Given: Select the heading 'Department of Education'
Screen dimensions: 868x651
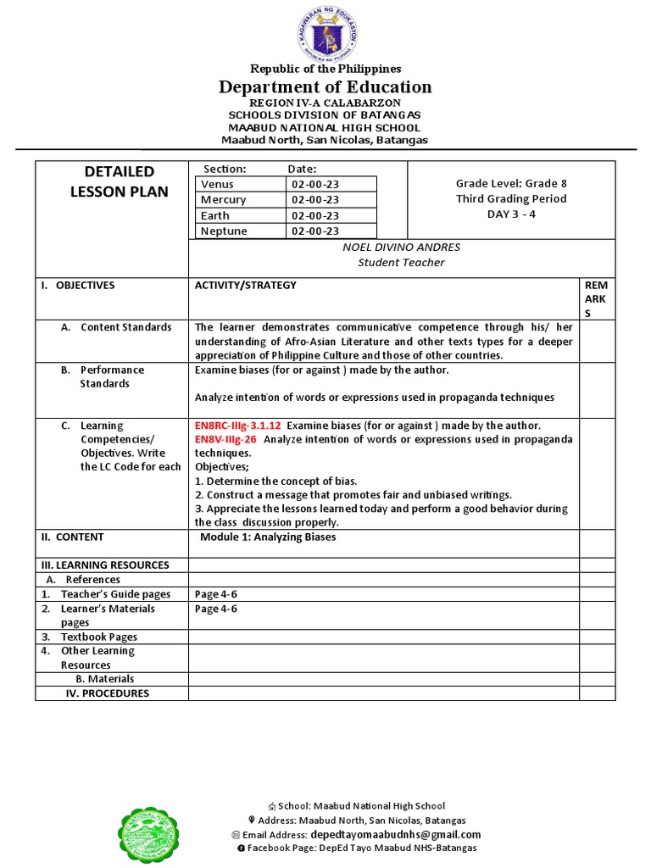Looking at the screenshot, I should [x=325, y=86].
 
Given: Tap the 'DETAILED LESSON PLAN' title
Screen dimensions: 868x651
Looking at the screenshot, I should [x=119, y=181].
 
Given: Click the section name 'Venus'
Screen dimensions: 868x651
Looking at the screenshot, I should [x=217, y=184].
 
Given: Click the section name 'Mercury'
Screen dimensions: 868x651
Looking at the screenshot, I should [x=223, y=200].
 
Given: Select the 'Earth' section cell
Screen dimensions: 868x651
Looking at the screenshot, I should [x=215, y=215].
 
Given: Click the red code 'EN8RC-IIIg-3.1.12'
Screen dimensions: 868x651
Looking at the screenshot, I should [x=238, y=426].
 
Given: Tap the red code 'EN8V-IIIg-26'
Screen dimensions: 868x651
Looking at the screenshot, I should [x=225, y=439].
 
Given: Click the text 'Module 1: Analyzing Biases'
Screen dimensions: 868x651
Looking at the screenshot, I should [x=268, y=537].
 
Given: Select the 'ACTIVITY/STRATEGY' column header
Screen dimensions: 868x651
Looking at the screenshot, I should [x=246, y=286].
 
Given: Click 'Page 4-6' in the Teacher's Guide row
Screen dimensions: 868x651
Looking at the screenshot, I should [x=215, y=594].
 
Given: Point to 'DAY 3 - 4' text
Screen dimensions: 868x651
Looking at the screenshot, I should [x=511, y=214].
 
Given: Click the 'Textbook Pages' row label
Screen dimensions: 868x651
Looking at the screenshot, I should [x=98, y=637].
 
